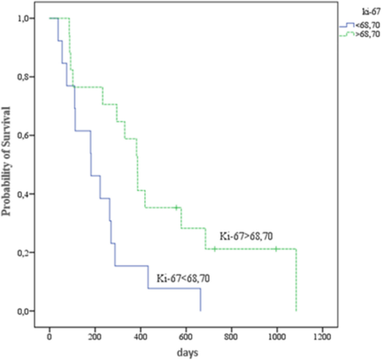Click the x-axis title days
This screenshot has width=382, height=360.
click(x=186, y=353)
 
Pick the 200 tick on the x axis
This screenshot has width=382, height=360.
click(x=95, y=337)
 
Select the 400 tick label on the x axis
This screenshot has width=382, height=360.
click(x=141, y=337)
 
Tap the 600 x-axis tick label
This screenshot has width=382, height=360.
click(x=186, y=337)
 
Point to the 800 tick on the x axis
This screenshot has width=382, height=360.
click(x=231, y=337)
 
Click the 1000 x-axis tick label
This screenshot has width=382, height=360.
click(x=277, y=337)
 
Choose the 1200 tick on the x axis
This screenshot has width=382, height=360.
click(x=322, y=337)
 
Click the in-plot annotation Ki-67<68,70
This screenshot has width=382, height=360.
click(x=183, y=277)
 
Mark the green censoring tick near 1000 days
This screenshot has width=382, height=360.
click(x=276, y=249)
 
